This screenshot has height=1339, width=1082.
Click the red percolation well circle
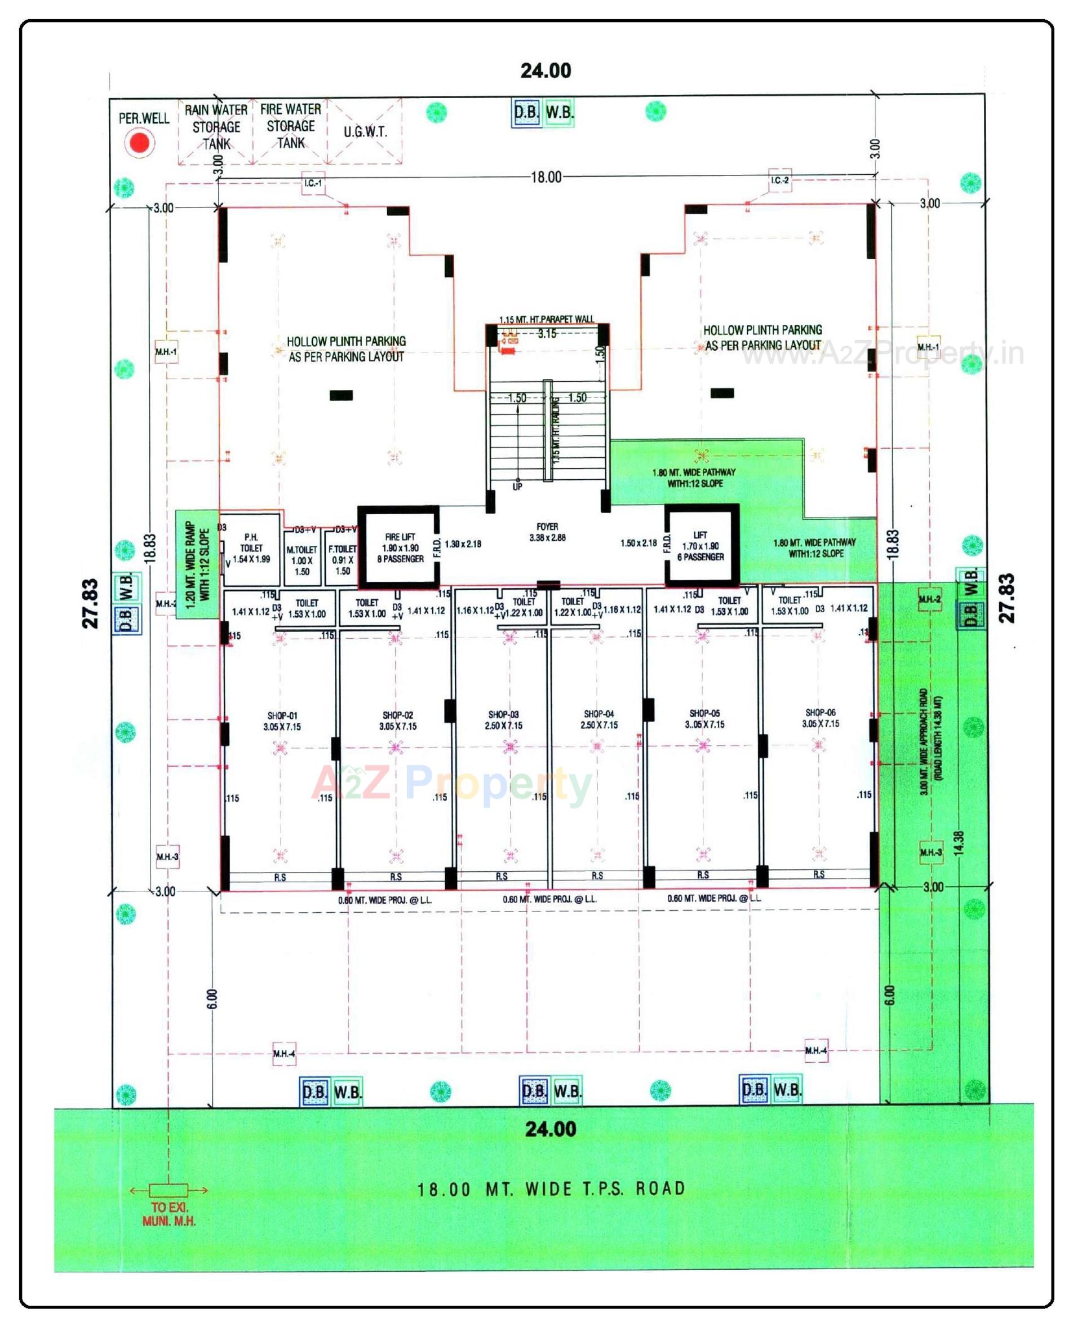point(139,143)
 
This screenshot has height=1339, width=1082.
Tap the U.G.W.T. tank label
point(365,132)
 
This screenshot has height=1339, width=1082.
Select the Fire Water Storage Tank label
point(290,126)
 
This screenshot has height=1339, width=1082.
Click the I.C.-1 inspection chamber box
point(313,183)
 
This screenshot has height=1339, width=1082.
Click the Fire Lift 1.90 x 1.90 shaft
point(400,547)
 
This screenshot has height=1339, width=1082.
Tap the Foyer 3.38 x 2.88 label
point(547,532)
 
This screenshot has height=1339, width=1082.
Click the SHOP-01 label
point(282,721)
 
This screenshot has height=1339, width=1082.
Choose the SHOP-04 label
point(598,719)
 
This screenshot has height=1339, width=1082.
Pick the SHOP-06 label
point(820,718)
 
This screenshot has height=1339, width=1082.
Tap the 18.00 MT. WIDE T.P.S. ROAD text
point(551,1189)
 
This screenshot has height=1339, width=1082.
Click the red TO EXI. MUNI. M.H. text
point(169,1214)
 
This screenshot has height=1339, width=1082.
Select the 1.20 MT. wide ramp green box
point(197,564)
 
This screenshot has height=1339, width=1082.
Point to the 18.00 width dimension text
point(546,177)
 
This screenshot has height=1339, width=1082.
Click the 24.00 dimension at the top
point(546,70)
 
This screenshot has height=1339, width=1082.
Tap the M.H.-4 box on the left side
point(283,1054)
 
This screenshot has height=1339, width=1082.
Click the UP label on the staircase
point(517,486)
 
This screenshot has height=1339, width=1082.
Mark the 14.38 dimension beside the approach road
point(959,843)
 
